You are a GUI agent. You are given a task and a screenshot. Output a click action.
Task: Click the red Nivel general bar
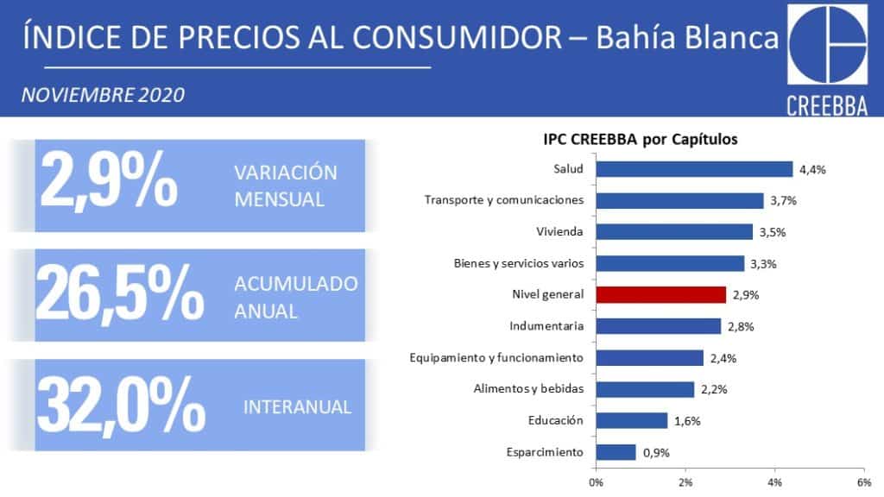(660, 295)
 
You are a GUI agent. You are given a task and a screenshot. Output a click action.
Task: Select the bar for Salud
(695, 169)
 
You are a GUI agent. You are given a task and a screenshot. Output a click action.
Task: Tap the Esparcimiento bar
(616, 452)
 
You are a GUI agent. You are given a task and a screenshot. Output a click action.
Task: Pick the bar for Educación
(632, 420)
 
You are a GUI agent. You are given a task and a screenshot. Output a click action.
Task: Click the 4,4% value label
(812, 170)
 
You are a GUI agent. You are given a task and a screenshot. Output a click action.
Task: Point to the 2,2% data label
(714, 389)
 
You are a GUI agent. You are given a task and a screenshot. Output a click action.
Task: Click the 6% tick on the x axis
(863, 482)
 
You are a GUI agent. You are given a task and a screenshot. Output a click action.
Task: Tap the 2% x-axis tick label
(685, 482)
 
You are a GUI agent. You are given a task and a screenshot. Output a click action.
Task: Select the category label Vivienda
(559, 231)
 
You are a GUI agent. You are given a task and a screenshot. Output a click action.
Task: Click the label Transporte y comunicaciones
(504, 200)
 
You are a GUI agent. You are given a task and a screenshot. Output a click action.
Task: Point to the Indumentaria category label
(546, 325)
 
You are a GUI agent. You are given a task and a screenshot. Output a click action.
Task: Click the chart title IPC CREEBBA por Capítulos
(641, 139)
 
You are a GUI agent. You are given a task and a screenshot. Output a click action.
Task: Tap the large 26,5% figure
(119, 294)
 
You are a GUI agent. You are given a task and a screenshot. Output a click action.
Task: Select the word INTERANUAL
(297, 407)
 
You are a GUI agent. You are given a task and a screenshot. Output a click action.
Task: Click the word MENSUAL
(279, 199)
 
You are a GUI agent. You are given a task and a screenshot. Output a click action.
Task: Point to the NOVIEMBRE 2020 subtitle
(104, 95)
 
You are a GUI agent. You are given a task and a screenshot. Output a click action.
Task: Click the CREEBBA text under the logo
(827, 106)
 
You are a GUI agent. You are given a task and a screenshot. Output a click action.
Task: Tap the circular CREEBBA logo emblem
(827, 45)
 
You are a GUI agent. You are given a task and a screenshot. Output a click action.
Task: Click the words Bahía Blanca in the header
(687, 38)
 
